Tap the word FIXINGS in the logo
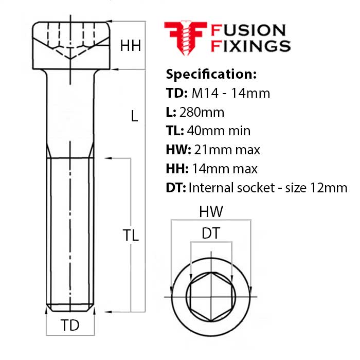[x=251, y=46]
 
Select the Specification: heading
[x=211, y=74]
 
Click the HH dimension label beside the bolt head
[x=130, y=46]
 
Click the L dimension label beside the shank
[x=134, y=116]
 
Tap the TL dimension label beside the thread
[x=131, y=235]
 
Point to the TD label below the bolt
[x=70, y=326]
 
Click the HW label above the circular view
[x=211, y=211]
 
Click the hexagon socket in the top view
[x=210, y=297]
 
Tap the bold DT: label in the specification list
[x=175, y=187]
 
